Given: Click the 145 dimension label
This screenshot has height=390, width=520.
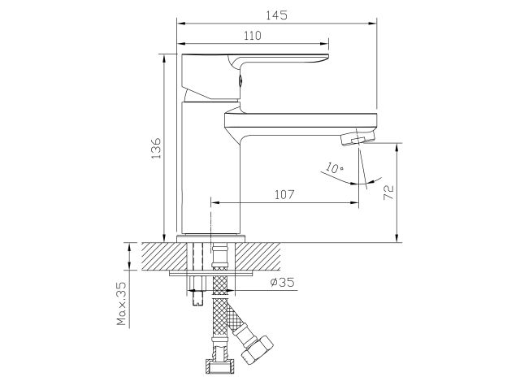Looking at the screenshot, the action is pos(276,15).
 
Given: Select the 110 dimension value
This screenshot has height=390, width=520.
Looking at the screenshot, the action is pos(253,36).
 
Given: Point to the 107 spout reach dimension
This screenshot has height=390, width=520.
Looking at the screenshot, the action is pos(284,195).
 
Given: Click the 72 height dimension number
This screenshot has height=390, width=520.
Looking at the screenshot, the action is pos(388,193).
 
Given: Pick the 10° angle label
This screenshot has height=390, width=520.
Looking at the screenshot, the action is pos(334,167).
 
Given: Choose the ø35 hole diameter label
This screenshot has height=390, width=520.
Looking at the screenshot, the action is pos(282,282).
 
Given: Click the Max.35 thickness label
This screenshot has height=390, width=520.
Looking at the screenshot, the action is pos(122,303).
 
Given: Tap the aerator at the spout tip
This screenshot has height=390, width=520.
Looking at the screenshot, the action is pos(357,137).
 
